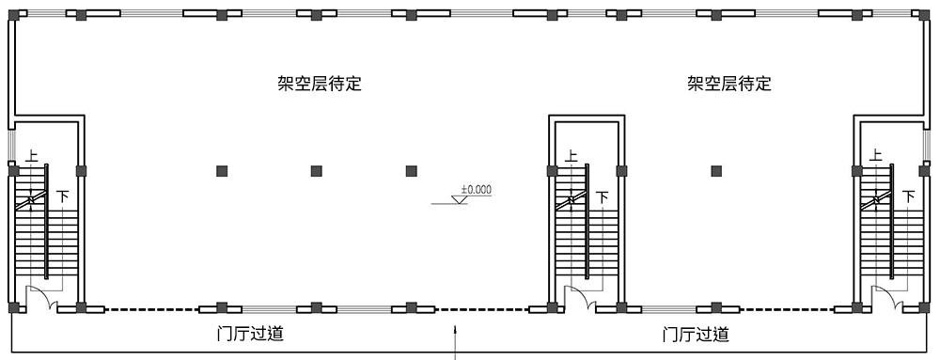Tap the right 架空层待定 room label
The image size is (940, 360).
click(728, 84)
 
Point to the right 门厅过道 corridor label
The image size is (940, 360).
click(695, 334)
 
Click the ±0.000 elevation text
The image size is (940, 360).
click(476, 189)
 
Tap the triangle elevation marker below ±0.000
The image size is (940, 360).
click(460, 199)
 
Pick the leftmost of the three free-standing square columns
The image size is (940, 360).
click(223, 171)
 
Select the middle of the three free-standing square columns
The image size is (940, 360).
click(317, 171)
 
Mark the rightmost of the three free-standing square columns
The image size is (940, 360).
click(411, 171)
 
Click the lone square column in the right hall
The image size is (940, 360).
click(717, 171)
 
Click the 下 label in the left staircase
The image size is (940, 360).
click(63, 197)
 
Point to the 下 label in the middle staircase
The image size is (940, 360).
click(603, 197)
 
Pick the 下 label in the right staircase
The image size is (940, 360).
click(908, 197)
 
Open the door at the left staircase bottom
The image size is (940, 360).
click(42, 298)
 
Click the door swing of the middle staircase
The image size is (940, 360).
click(582, 298)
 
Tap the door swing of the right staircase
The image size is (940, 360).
click(886, 298)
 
